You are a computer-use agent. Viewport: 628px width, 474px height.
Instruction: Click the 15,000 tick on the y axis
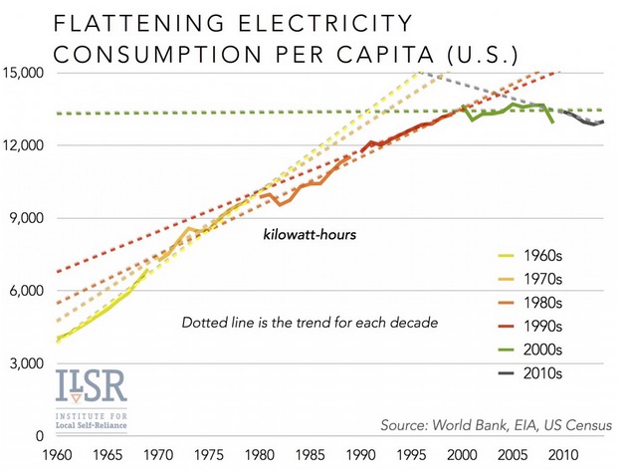click(x=26, y=74)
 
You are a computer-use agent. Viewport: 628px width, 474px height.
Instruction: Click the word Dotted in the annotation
click(x=205, y=323)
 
